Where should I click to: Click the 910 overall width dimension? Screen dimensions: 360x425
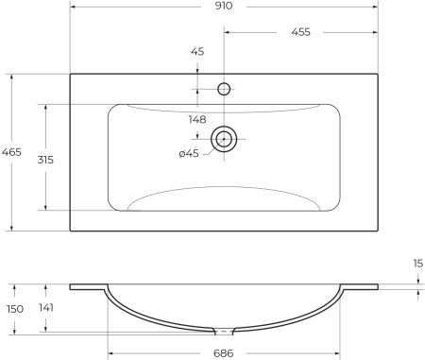(225, 7)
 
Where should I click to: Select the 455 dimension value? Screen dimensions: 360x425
(302, 32)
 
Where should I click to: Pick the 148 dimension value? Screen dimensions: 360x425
(196, 119)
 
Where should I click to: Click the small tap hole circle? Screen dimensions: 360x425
(225, 90)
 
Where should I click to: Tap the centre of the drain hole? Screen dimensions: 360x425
(225, 139)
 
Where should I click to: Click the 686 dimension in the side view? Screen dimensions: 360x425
(225, 353)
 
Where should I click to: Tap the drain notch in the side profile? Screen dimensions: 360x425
(225, 332)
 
